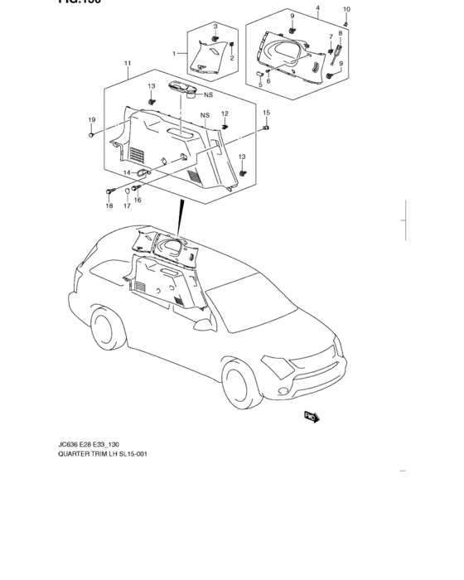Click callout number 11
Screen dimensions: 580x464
click(128, 64)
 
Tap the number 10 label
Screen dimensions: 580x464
click(346, 8)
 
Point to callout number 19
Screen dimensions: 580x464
click(91, 121)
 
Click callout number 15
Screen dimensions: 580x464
click(266, 112)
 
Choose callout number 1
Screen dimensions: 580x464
click(174, 53)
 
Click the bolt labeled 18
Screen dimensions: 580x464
click(109, 191)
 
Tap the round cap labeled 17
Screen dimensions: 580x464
click(128, 191)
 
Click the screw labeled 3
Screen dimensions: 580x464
click(215, 38)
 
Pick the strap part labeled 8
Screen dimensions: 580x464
click(337, 56)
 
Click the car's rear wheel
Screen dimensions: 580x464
click(104, 329)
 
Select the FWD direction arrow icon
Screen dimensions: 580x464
click(312, 417)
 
